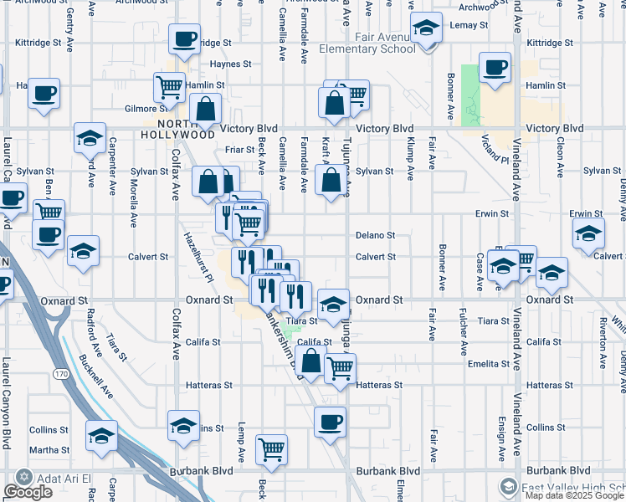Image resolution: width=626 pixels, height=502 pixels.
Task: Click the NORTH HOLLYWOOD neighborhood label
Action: (177, 129)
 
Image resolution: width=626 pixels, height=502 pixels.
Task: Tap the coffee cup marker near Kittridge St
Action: (184, 38)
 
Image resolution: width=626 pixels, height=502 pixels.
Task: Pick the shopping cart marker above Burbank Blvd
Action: (271, 450)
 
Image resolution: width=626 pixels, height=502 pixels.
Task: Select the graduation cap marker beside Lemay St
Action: (426, 30)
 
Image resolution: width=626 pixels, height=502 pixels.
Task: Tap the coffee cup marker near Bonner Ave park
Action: (495, 68)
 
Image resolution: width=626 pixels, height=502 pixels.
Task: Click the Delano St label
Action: (375, 236)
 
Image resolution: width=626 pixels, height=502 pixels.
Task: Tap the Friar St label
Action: (239, 150)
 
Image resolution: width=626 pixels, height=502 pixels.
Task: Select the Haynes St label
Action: (231, 64)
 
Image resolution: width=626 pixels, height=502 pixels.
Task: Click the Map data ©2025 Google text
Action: (574, 495)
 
